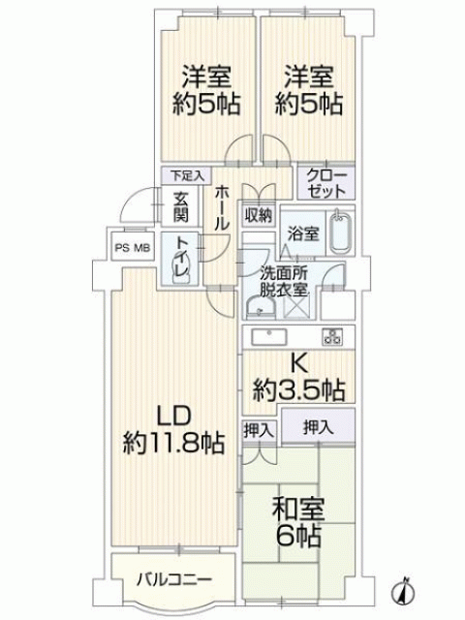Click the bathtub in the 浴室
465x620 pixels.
click(x=340, y=232)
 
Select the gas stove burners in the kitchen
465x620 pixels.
click(x=332, y=337)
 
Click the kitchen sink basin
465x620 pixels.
click(x=269, y=337)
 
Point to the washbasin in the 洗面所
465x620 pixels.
click(x=261, y=308)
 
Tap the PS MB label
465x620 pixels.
click(x=133, y=248)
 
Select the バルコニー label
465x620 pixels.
click(x=174, y=580)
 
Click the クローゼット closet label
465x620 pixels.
click(x=326, y=184)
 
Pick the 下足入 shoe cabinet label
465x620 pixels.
click(x=187, y=175)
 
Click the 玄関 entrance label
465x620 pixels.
click(x=180, y=207)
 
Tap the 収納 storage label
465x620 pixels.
click(x=258, y=215)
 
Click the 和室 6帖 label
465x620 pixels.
click(x=298, y=522)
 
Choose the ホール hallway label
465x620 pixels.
click(x=222, y=208)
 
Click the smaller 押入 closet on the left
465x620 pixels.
click(x=259, y=430)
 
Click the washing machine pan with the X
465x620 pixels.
click(x=298, y=306)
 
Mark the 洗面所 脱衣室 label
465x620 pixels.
click(x=284, y=282)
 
